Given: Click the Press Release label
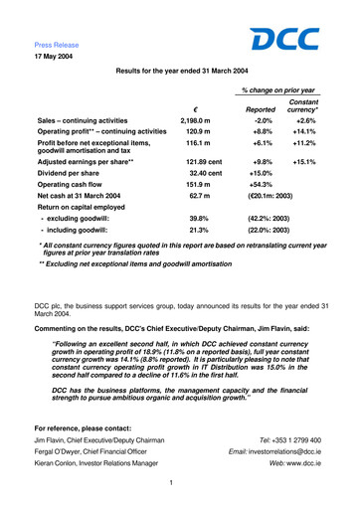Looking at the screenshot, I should [x=56, y=45].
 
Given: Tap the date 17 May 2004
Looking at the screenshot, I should [x=54, y=57].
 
